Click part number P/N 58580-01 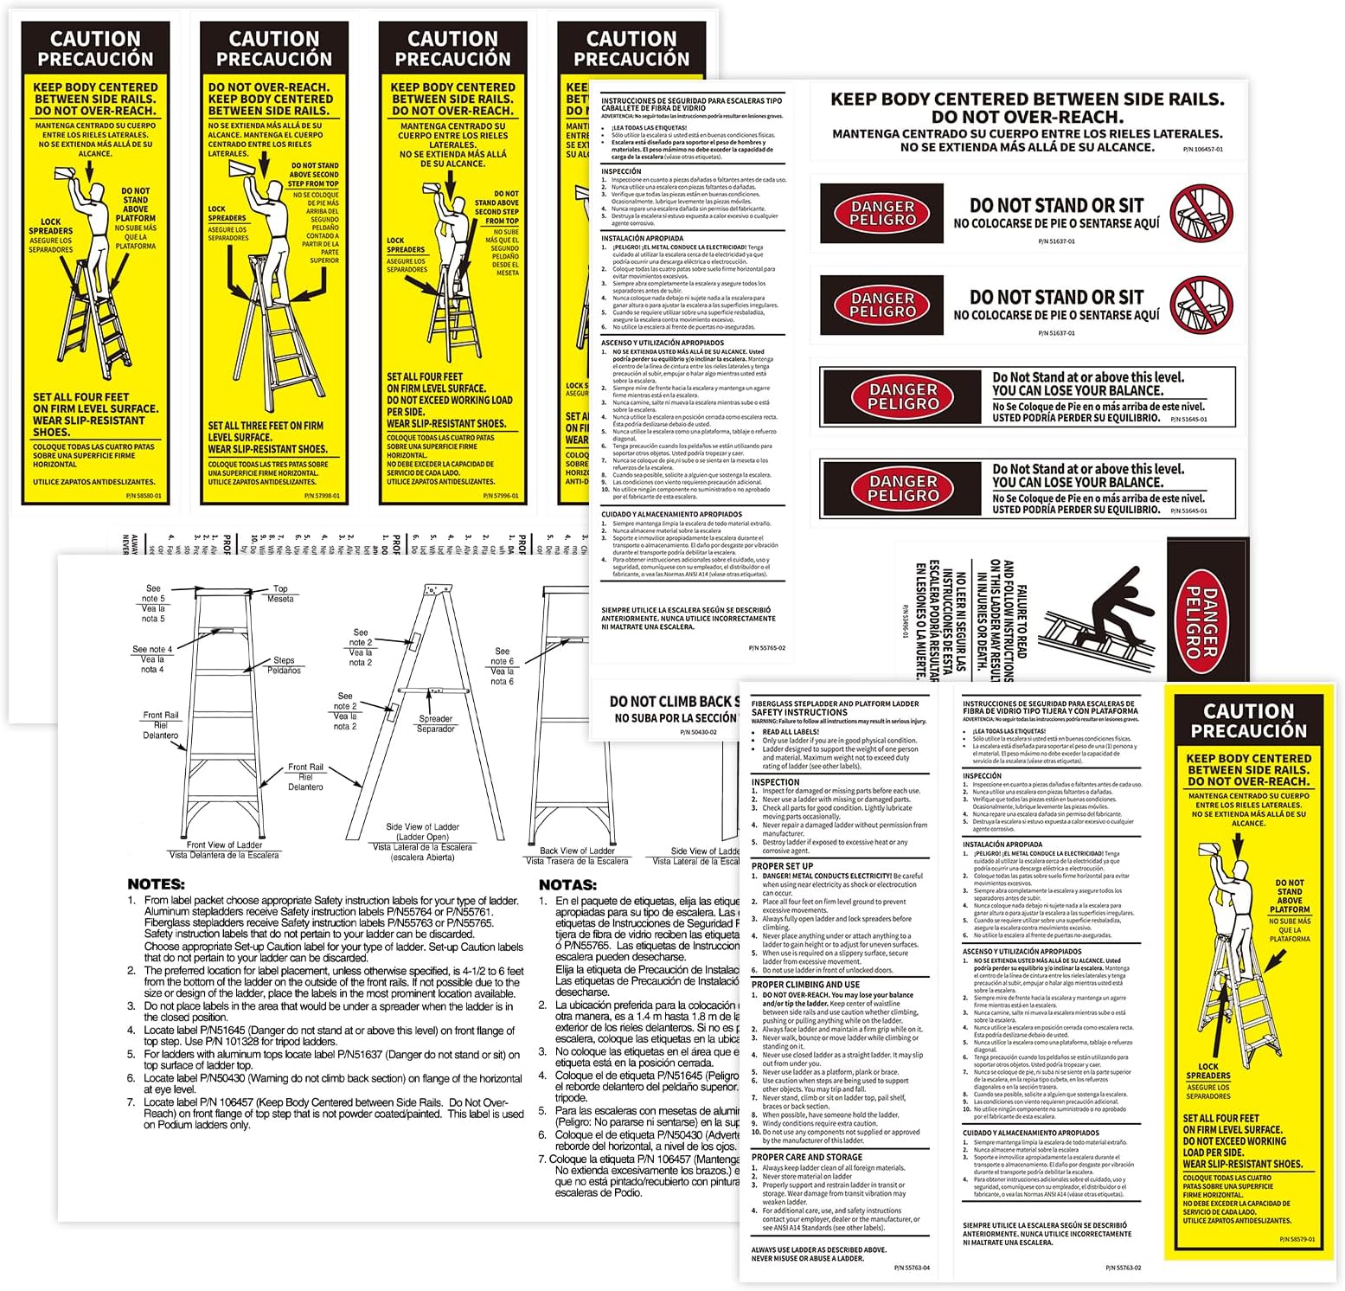[x=143, y=496]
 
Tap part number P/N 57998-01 [x=322, y=496]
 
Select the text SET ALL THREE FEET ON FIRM [x=266, y=426]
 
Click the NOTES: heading [x=156, y=884]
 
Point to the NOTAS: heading [x=567, y=885]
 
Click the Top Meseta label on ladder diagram [x=280, y=594]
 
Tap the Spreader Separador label [x=436, y=723]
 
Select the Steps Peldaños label [x=284, y=665]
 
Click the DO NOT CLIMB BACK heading [x=674, y=702]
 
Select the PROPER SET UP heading [x=782, y=865]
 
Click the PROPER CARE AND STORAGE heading [x=806, y=1157]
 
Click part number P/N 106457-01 [x=1202, y=150]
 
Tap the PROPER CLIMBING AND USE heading [x=805, y=985]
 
